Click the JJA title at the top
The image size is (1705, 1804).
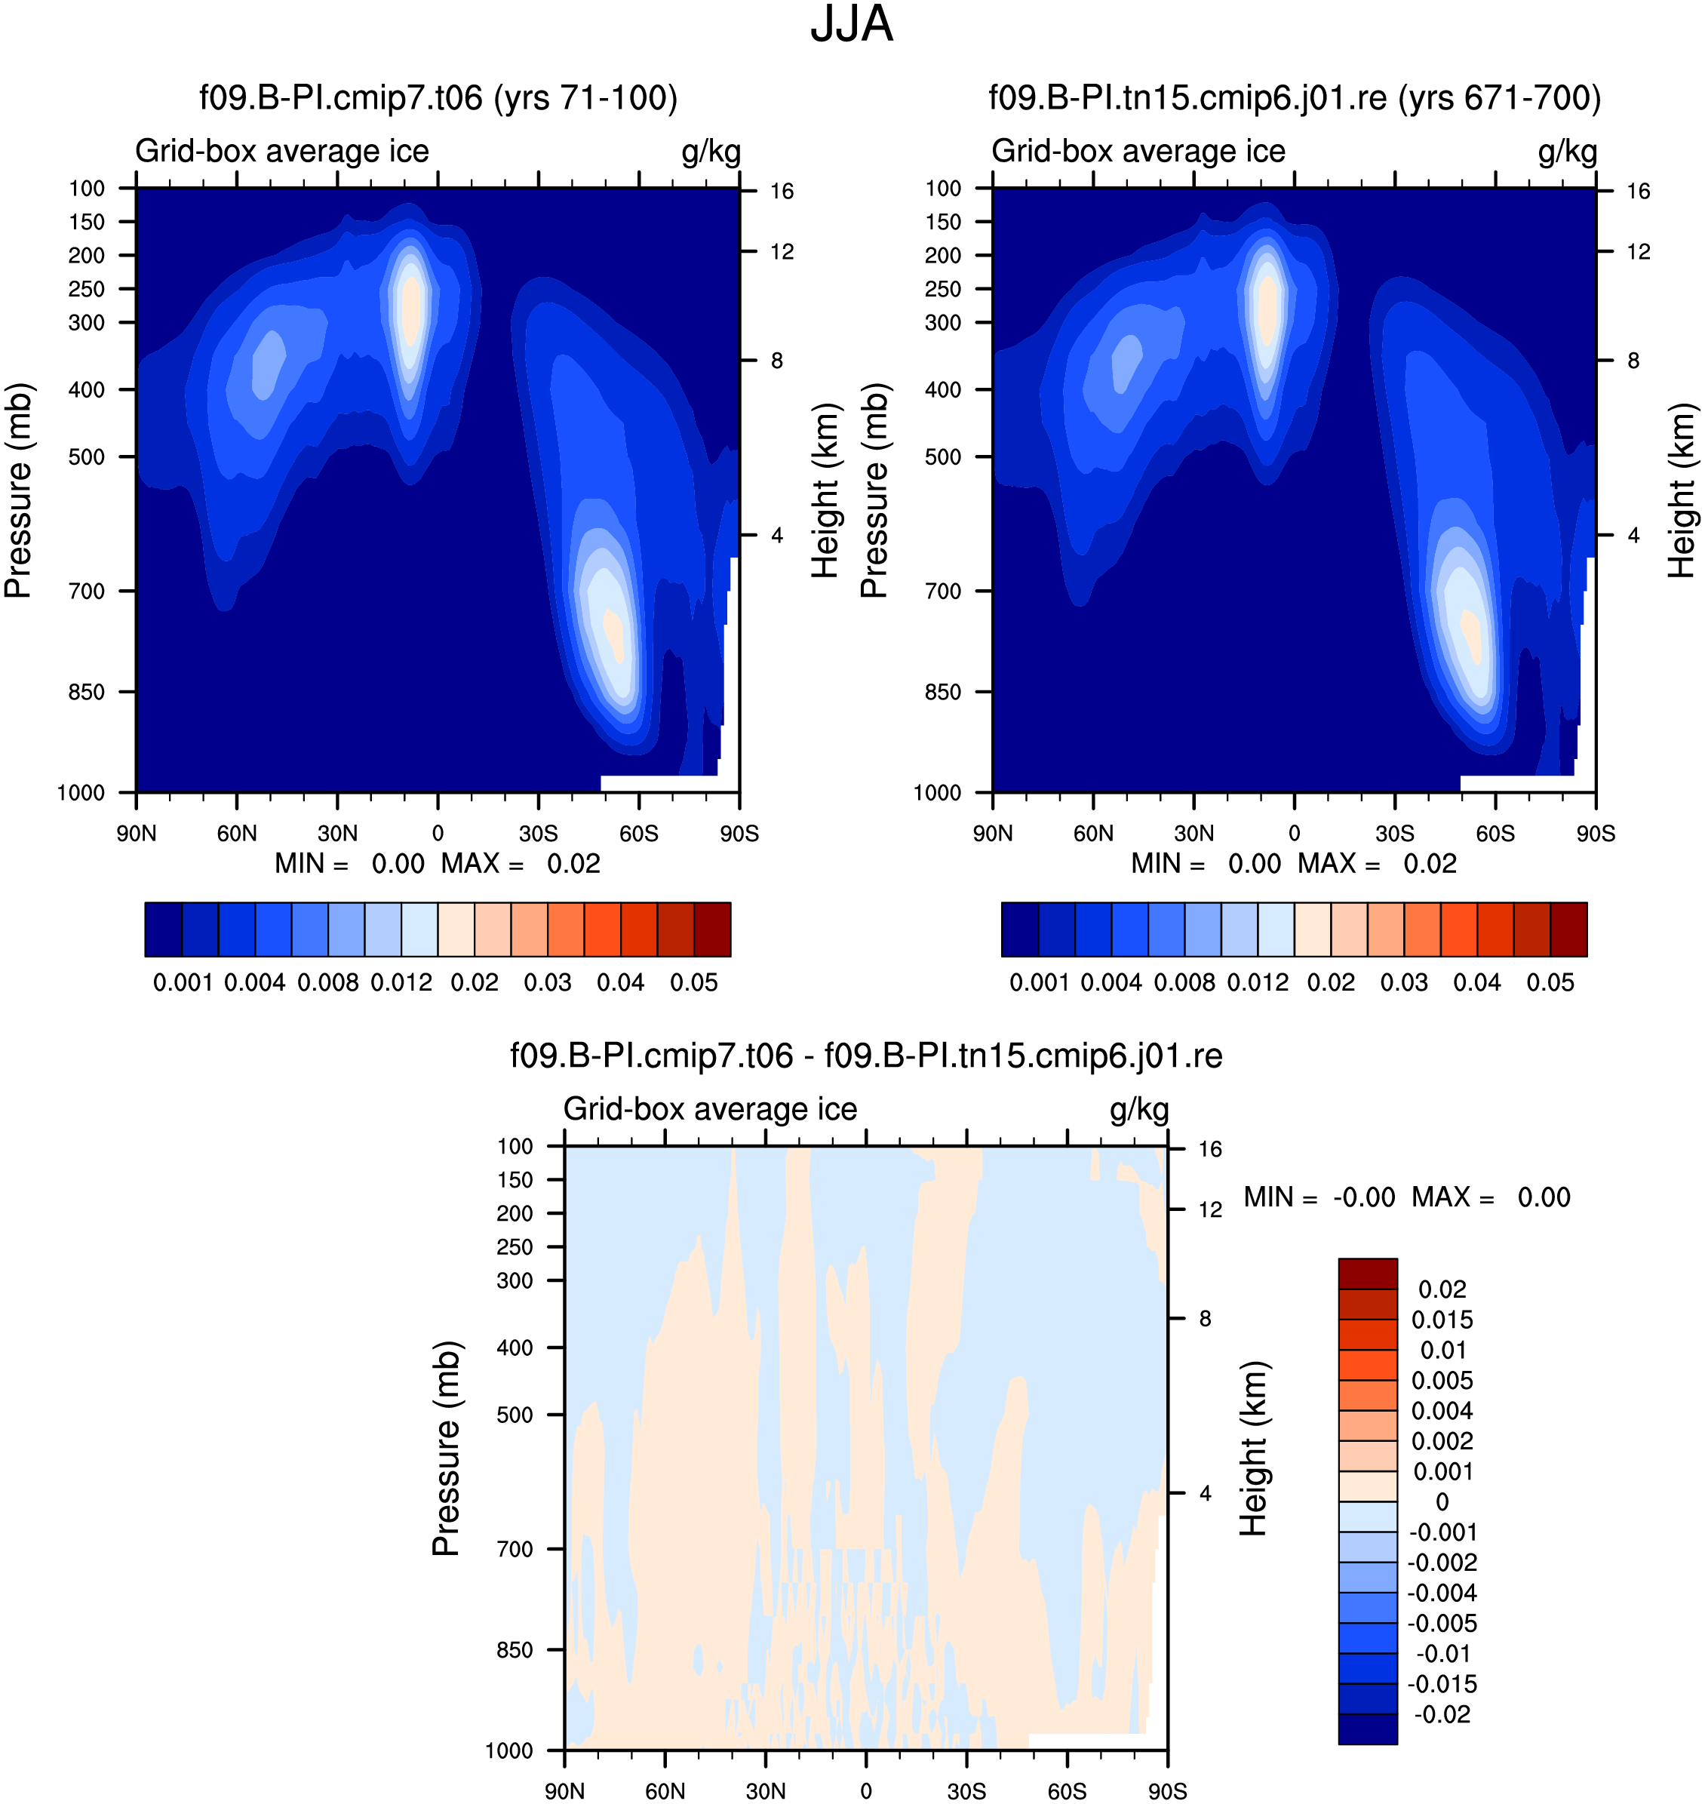tap(852, 25)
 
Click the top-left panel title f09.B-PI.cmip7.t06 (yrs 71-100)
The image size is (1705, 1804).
tap(439, 97)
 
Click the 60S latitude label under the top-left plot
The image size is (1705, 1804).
tap(639, 834)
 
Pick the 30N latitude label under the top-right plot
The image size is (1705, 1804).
tap(1193, 834)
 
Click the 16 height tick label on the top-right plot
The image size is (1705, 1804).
tap(1638, 191)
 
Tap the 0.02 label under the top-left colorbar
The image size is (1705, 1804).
tap(475, 982)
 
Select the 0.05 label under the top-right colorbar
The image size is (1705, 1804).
tap(1550, 982)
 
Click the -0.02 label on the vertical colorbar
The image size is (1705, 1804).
tap(1442, 1714)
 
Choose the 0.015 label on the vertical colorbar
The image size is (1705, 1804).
tap(1442, 1320)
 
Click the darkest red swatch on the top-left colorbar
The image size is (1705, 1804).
tap(712, 929)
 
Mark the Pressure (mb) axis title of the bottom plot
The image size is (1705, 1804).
tap(447, 1449)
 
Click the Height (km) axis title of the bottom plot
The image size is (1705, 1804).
tap(1253, 1449)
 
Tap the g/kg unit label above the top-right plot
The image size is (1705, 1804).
tap(1567, 151)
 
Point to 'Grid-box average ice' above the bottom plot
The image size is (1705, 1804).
tap(710, 1109)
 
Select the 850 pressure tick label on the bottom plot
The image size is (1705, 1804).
tap(515, 1649)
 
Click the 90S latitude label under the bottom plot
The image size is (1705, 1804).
tap(1167, 1791)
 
